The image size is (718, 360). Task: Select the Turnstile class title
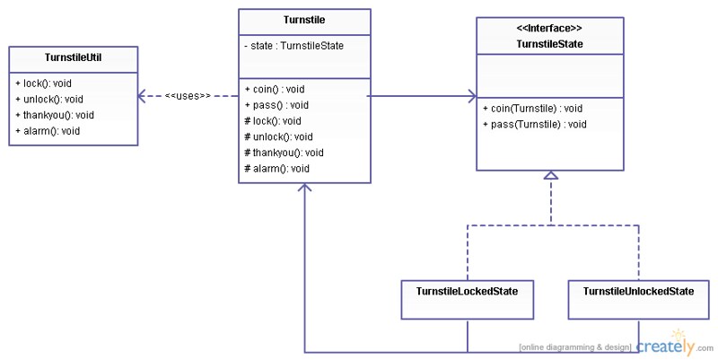pos(304,21)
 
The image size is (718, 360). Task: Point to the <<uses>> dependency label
pos(188,95)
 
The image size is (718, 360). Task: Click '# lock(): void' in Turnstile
pos(272,120)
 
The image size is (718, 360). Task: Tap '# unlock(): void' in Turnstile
pos(277,136)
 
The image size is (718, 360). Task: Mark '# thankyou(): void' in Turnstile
pos(283,153)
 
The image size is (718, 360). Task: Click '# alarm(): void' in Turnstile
pos(276,169)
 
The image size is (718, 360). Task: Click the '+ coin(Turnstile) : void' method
pos(532,109)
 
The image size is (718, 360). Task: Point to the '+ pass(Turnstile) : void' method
pos(534,125)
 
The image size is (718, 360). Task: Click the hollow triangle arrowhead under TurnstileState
pos(551,175)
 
